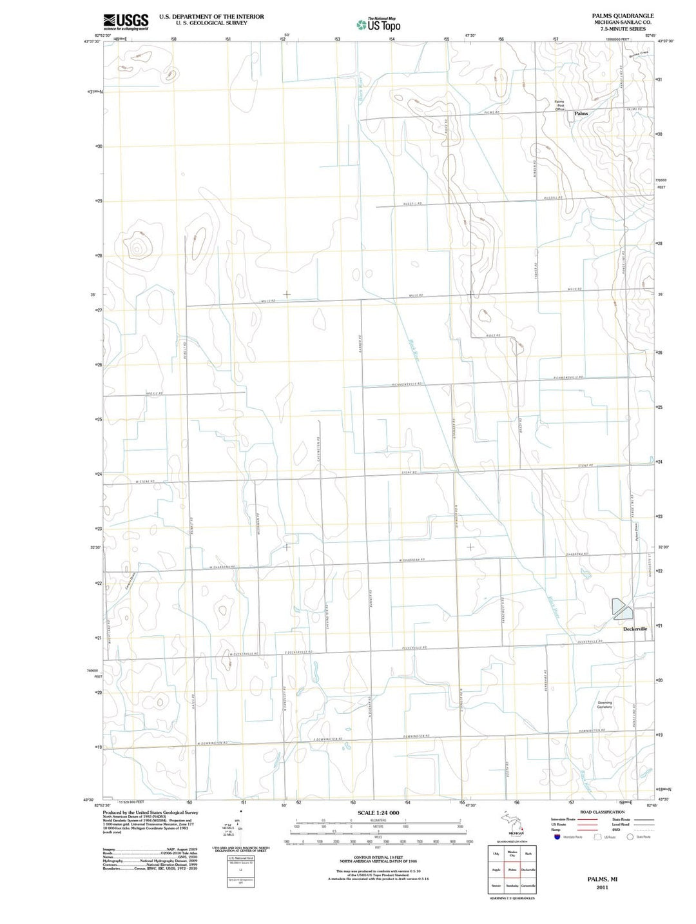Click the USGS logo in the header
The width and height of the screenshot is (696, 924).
pos(126,21)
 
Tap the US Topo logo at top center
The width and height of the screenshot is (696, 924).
pos(379,25)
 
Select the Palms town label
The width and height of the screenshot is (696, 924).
pos(581,113)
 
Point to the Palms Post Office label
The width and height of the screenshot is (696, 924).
pos(560,106)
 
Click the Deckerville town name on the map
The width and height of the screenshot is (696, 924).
pos(635,629)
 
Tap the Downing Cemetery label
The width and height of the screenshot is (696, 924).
pos(604,705)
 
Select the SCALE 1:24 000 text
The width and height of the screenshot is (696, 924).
pos(378,812)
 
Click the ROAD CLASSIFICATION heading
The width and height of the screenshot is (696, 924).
pos(602,812)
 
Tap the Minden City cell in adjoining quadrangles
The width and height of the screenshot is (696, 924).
pos(512,854)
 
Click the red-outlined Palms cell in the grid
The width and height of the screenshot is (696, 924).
pos(512,870)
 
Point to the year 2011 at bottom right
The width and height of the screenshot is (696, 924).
pos(602,887)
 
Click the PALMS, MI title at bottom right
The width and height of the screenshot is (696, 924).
pos(602,879)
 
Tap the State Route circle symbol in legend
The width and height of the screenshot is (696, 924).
pos(630,837)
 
